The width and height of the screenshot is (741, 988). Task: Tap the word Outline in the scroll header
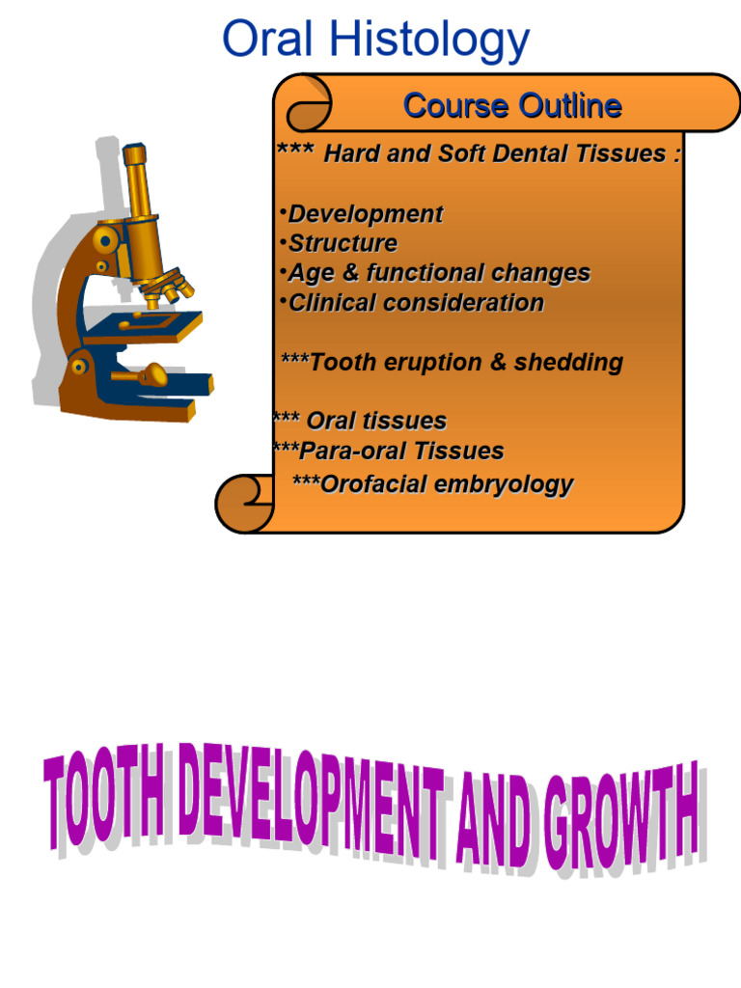pyautogui.click(x=568, y=105)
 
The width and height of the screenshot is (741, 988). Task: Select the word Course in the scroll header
pyautogui.click(x=453, y=105)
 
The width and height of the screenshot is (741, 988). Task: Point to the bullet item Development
pyautogui.click(x=366, y=214)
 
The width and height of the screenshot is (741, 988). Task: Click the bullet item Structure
pyautogui.click(x=343, y=243)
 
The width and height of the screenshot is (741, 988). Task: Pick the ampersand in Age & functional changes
pyautogui.click(x=350, y=273)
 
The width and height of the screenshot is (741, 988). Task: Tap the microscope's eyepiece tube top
pyautogui.click(x=134, y=153)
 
